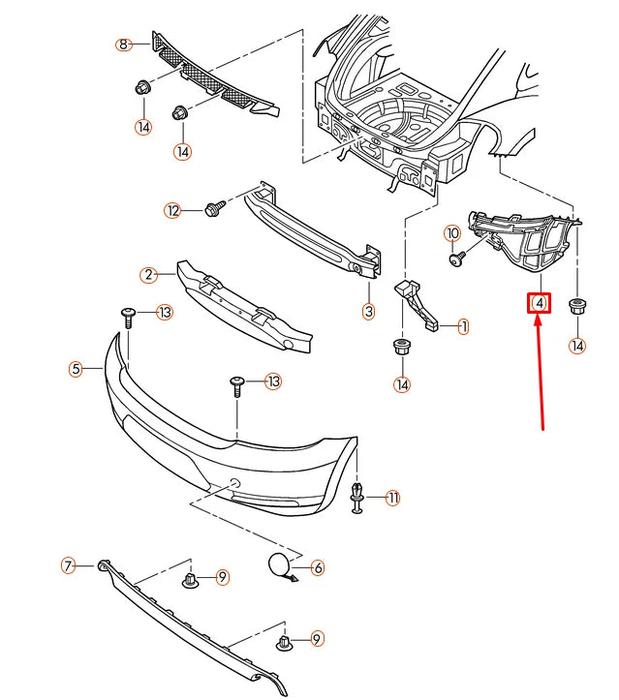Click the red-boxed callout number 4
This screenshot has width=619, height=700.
(x=539, y=304)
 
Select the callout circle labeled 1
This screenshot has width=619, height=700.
(x=463, y=327)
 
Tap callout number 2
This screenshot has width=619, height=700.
(x=148, y=275)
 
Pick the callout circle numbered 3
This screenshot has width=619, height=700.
(x=368, y=312)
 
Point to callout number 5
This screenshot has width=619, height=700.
(x=76, y=369)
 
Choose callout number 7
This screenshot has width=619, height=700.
(x=68, y=566)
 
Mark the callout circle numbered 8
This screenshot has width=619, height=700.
(x=123, y=45)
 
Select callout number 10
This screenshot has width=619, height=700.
(x=451, y=233)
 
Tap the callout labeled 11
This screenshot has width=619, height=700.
(x=392, y=498)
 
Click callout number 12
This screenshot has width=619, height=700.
(x=172, y=210)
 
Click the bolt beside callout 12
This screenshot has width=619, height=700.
(x=214, y=208)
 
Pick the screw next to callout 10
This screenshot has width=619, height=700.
(x=457, y=258)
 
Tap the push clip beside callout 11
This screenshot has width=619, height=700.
(x=357, y=498)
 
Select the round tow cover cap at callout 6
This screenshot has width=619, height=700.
(x=279, y=565)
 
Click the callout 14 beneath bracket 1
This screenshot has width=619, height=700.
(x=401, y=384)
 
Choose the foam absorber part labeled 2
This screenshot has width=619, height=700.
(x=242, y=302)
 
